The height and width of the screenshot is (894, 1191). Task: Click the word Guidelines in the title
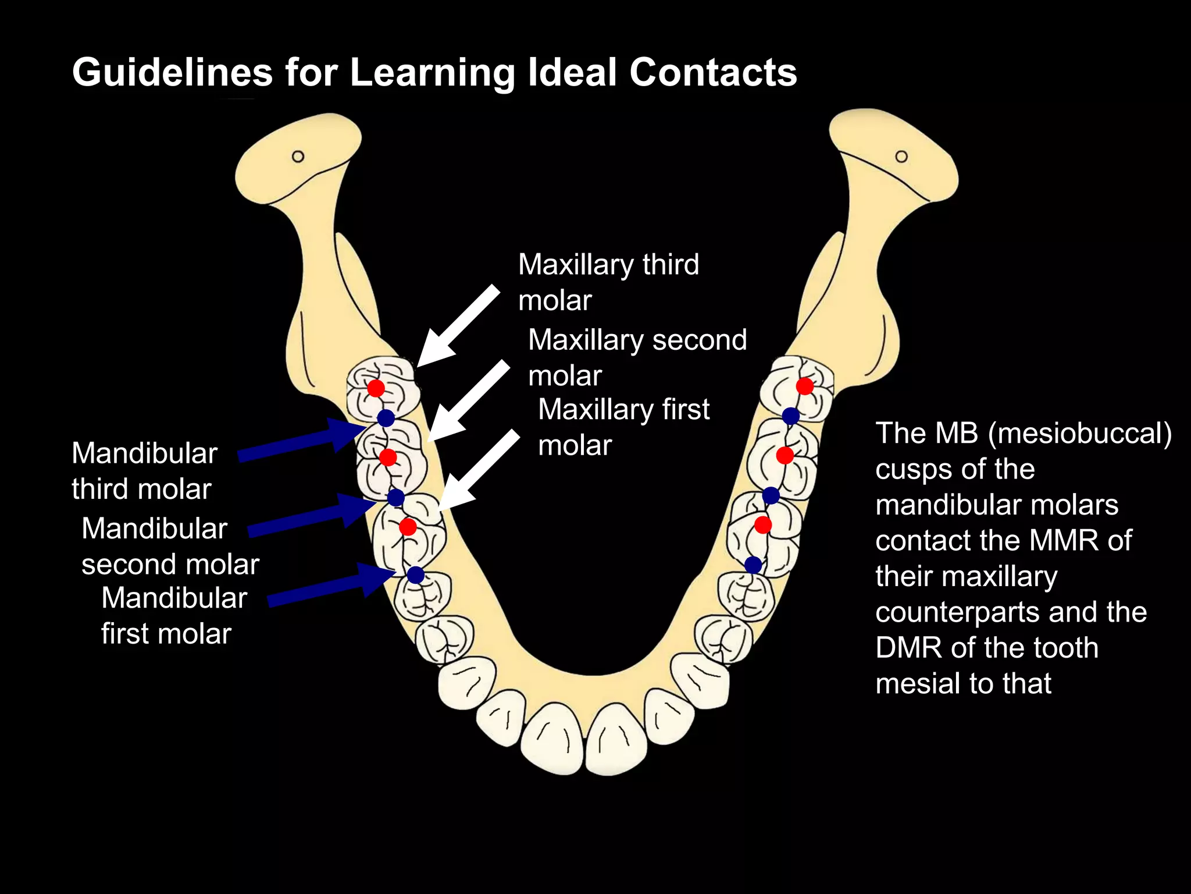(172, 73)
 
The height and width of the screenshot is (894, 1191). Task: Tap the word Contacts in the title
(713, 73)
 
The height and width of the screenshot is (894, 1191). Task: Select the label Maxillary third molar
(608, 282)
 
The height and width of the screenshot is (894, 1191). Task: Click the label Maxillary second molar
(637, 357)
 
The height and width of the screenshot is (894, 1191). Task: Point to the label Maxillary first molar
(623, 427)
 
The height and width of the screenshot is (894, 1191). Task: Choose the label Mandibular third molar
(144, 471)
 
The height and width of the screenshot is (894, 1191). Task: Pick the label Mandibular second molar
(170, 546)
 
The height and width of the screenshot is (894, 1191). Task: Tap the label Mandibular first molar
(174, 616)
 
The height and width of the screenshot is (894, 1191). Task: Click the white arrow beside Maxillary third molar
(457, 327)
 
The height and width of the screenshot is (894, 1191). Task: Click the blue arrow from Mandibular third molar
(302, 441)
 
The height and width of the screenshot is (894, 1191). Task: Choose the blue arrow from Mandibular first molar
(333, 587)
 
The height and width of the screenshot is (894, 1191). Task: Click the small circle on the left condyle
(298, 157)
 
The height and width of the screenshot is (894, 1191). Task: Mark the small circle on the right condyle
(901, 157)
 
